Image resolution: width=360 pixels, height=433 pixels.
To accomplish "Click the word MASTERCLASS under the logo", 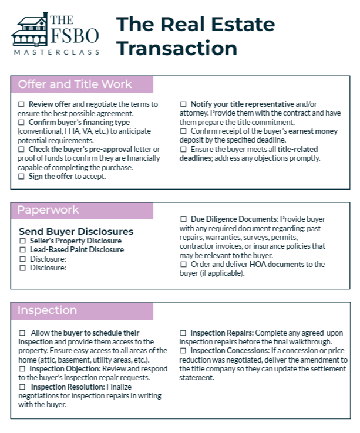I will [x=56, y=52].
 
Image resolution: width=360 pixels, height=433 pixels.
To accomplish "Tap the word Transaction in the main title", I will [x=177, y=48].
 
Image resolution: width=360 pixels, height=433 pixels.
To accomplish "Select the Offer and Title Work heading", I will [x=75, y=84].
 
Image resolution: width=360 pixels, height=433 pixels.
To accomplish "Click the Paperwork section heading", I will [x=48, y=210].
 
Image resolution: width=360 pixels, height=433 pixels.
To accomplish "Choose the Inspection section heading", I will [x=48, y=310].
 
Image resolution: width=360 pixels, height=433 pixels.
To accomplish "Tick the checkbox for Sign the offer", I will [x=22, y=176].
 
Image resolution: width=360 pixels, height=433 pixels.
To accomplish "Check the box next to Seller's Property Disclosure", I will [x=23, y=241].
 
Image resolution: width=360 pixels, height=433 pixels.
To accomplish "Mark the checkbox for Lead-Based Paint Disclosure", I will [x=23, y=250].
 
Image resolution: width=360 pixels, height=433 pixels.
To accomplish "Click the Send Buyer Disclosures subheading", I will [x=76, y=231].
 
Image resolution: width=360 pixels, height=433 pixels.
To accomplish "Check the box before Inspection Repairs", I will [x=184, y=333].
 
